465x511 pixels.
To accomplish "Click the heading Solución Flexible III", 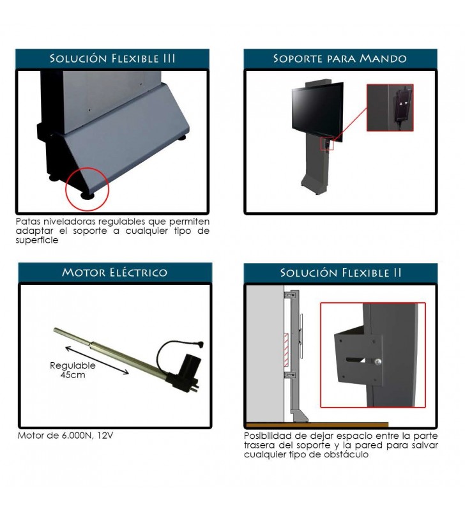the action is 112,59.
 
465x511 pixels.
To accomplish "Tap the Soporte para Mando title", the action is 340,59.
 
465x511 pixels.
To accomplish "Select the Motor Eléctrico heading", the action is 115,272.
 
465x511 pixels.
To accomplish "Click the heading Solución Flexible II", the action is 340,273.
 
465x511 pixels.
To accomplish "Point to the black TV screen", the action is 317,111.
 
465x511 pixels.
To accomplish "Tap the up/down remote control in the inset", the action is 404,104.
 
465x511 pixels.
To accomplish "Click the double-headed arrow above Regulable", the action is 97,360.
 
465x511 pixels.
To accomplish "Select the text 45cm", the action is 73,375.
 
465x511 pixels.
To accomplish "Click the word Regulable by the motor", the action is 73,365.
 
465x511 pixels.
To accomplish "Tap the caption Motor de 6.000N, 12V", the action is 65,436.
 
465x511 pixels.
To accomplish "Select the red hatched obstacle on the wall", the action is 286,346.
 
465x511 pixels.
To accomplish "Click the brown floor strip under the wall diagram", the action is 317,425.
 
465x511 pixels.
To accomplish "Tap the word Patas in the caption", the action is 28,222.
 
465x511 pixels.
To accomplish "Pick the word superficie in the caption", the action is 37,241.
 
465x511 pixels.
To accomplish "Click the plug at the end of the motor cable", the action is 200,344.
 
